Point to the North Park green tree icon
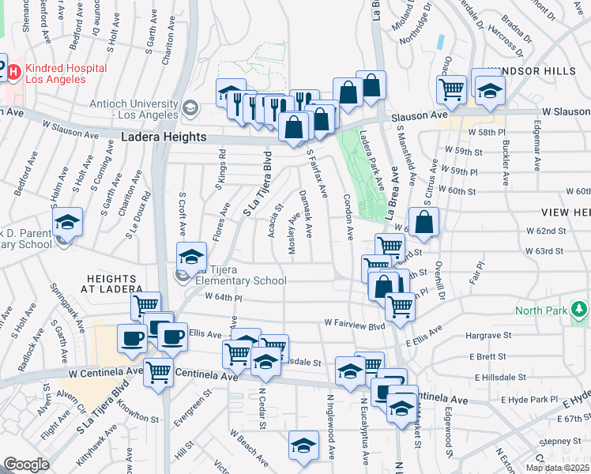click(x=580, y=308)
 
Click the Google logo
click(x=26, y=465)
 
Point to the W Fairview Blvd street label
click(x=354, y=324)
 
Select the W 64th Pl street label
click(x=222, y=297)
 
